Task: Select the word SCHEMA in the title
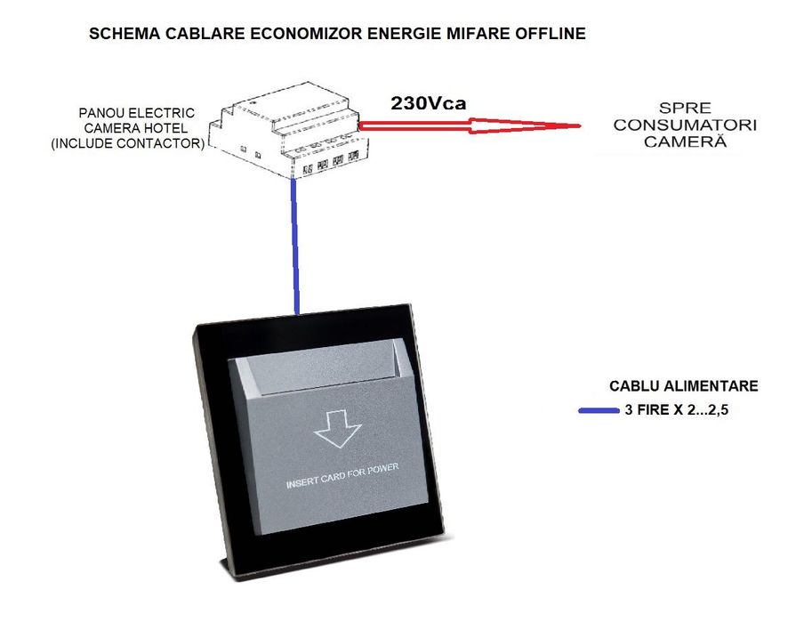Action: click(125, 33)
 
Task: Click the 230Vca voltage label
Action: click(429, 103)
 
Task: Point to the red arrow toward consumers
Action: click(469, 125)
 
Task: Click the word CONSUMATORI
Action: click(685, 125)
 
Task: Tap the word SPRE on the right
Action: click(685, 109)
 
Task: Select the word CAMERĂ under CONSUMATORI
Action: click(685, 141)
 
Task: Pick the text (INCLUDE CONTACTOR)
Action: click(128, 143)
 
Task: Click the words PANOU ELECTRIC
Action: click(136, 113)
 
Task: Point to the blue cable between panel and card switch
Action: click(295, 246)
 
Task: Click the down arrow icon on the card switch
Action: click(337, 429)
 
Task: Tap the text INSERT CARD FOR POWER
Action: click(342, 475)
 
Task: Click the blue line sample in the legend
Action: click(599, 410)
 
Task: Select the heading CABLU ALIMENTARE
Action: click(684, 386)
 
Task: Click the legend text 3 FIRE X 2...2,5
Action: click(676, 410)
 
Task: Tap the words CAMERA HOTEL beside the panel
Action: click(136, 128)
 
